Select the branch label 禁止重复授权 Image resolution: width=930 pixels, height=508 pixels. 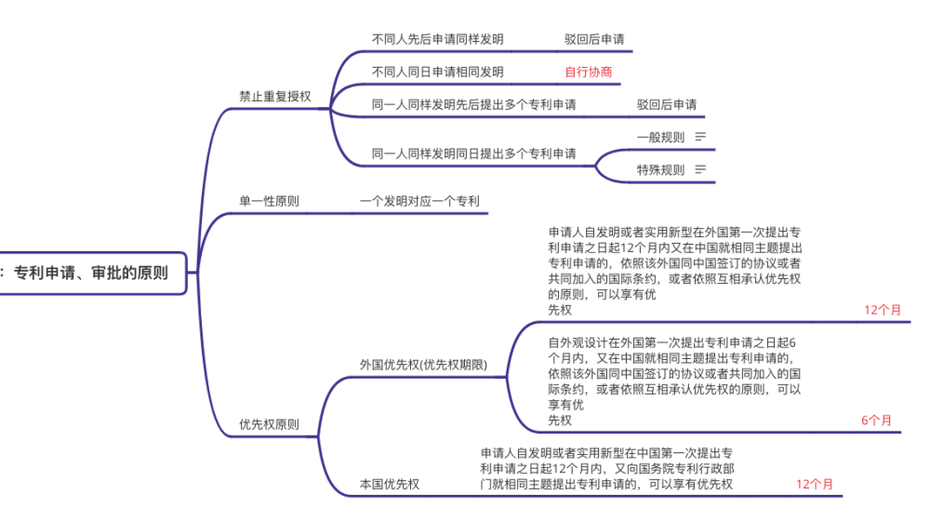(x=275, y=96)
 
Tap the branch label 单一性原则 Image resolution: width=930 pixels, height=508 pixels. (x=269, y=201)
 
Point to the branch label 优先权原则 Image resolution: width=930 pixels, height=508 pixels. (x=269, y=424)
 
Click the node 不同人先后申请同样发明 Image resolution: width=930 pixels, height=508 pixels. (x=437, y=39)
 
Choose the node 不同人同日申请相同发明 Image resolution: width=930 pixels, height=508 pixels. (x=437, y=72)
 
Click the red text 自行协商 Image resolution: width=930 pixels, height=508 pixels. (x=589, y=72)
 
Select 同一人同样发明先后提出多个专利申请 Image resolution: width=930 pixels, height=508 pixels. (x=473, y=104)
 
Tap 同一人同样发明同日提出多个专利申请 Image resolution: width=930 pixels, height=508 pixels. (x=473, y=153)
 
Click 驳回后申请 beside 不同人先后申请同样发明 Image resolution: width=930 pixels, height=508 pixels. (x=594, y=39)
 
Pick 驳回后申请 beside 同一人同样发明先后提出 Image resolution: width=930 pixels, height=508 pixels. (x=667, y=104)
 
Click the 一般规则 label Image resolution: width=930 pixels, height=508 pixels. (x=660, y=137)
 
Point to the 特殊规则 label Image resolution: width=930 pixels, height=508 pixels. (x=660, y=169)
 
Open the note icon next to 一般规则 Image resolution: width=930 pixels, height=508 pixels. (x=700, y=137)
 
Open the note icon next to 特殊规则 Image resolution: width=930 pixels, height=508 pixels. (x=700, y=169)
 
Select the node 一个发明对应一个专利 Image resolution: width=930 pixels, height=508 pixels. (x=420, y=201)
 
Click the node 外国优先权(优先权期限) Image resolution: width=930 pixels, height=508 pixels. (x=423, y=364)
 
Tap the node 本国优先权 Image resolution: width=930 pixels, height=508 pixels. (x=390, y=484)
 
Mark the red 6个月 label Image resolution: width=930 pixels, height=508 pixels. (x=877, y=420)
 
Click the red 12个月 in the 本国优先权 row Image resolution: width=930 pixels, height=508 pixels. (x=815, y=484)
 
